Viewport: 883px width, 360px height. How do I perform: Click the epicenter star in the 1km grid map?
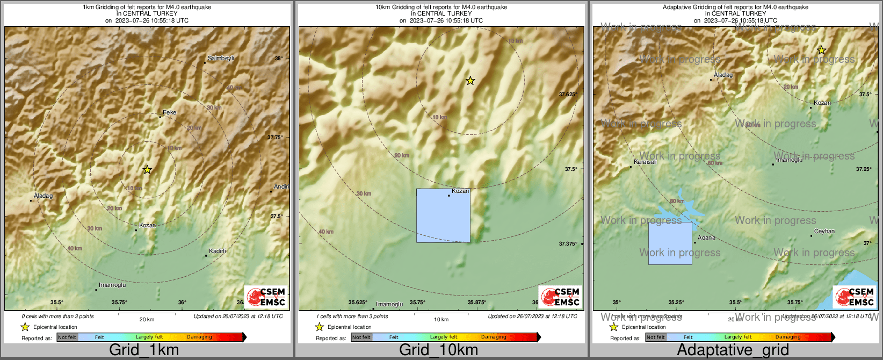[147, 170]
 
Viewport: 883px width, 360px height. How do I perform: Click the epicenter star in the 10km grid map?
[470, 81]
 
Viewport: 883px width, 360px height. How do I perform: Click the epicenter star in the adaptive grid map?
[821, 51]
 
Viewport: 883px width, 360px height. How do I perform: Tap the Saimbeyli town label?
[221, 58]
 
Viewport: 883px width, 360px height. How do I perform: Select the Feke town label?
[169, 112]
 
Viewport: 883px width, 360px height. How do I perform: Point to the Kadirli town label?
[218, 251]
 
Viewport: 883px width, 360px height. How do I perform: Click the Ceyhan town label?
[824, 232]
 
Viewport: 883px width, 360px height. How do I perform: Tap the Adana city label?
[706, 237]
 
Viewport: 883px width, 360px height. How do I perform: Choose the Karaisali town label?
[645, 162]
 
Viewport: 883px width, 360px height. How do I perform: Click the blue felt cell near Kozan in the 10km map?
[443, 216]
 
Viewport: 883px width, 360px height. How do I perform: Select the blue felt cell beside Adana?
[670, 243]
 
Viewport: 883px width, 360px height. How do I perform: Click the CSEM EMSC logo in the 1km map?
[266, 297]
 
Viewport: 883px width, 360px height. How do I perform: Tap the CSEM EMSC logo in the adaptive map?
[854, 297]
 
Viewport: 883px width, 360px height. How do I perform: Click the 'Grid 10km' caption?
[438, 350]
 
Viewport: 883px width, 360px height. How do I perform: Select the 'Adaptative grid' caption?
[733, 350]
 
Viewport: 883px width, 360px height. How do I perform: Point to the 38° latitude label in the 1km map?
[279, 59]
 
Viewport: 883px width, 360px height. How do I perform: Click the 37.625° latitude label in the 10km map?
[568, 94]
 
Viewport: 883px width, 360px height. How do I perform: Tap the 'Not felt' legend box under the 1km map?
[67, 337]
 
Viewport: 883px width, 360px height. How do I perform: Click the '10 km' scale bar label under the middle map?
[441, 320]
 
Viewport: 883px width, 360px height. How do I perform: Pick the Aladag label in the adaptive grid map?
[723, 75]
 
